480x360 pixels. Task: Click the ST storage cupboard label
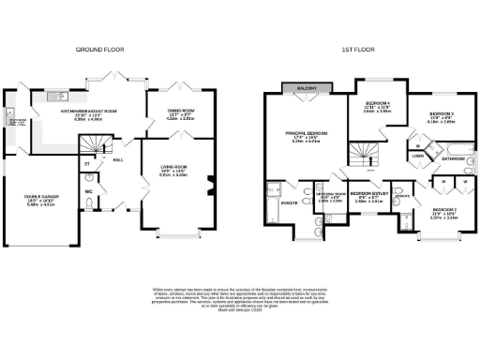[x=87, y=164]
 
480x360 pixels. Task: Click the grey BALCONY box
[x=306, y=88]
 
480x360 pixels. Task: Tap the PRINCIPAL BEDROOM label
[x=307, y=137]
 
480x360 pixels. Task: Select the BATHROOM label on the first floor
[x=454, y=159]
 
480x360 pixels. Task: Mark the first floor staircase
[x=363, y=152]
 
